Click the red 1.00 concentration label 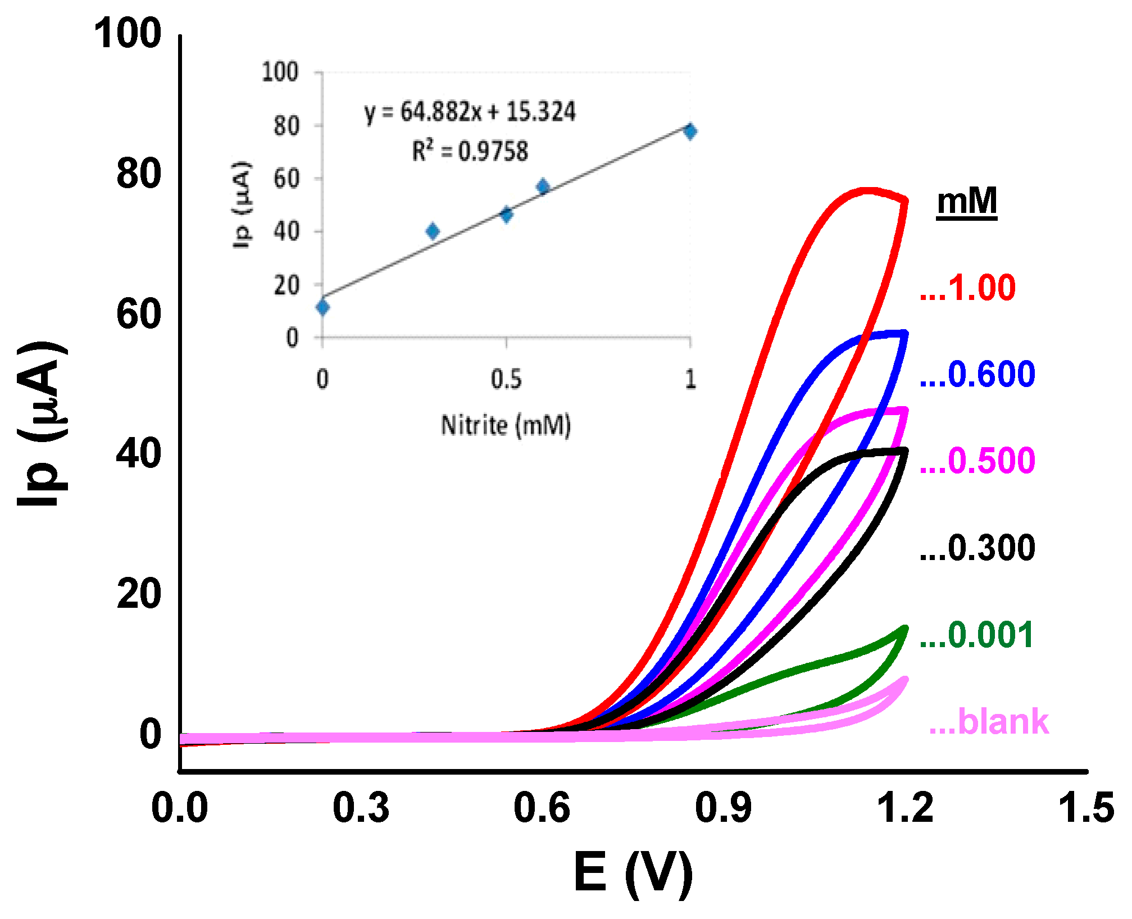pos(968,288)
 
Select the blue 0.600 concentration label pos(978,375)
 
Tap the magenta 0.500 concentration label pos(978,461)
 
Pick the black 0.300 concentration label pos(978,548)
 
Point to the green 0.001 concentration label pos(976,635)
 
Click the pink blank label pos(989,722)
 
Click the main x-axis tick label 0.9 pos(723,808)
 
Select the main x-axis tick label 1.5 pos(1085,808)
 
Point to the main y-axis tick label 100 pos(128,33)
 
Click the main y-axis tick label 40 pos(139,453)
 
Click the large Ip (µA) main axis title pos(42,424)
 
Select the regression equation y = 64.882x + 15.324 pos(470,112)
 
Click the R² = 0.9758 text pos(470,151)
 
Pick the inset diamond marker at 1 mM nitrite pos(690,131)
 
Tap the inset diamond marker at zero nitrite pos(322,307)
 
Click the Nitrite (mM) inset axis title pos(506,425)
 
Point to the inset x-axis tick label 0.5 pos(506,380)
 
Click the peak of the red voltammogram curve pos(868,192)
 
